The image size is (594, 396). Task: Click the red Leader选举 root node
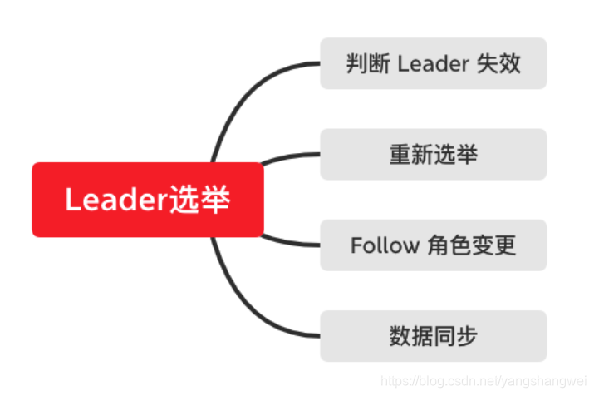[x=148, y=200]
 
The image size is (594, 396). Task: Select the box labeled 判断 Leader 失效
[x=433, y=63]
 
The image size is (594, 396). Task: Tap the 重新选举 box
[x=433, y=154]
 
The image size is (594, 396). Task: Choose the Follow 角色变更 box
[x=433, y=245]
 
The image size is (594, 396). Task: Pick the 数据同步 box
[x=433, y=336]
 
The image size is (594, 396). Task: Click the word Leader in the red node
[x=116, y=200]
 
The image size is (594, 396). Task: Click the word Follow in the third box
[x=385, y=245]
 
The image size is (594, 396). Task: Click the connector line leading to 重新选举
[x=291, y=156]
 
